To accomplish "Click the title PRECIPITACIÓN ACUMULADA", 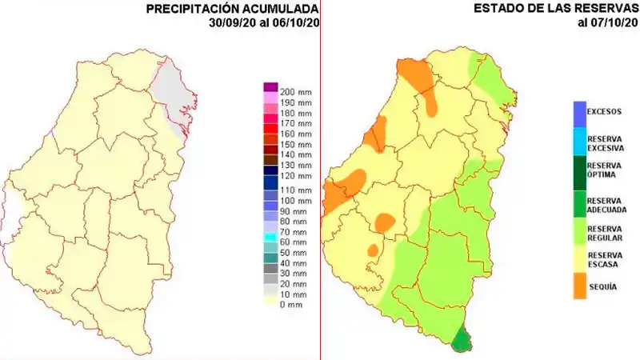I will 232,9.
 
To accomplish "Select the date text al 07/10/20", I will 607,22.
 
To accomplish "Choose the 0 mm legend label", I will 291,304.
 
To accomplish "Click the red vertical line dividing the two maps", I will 320,180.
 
